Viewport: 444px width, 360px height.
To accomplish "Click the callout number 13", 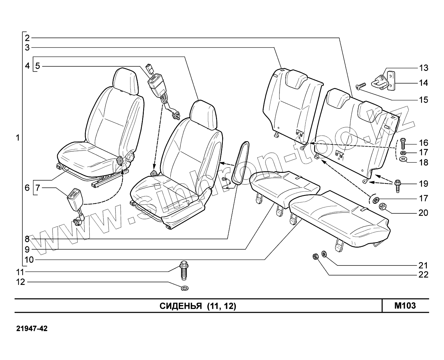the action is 423,68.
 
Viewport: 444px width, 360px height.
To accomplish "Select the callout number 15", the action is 423,100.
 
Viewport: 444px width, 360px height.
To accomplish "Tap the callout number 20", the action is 423,213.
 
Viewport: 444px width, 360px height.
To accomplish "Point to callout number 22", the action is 423,275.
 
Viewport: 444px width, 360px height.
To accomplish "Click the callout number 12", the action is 20,282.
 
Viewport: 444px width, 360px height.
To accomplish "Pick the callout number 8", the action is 27,239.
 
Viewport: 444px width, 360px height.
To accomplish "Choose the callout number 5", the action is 38,66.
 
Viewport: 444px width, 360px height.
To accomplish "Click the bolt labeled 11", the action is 183,270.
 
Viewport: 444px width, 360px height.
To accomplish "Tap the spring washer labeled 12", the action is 185,288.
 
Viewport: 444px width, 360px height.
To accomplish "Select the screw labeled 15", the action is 361,86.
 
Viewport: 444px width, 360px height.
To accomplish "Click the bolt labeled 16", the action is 403,143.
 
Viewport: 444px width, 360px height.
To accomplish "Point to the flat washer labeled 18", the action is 402,160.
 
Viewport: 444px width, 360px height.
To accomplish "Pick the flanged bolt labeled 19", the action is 397,186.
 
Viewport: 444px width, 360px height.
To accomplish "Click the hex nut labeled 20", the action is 382,206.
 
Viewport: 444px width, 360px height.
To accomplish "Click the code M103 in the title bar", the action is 405,306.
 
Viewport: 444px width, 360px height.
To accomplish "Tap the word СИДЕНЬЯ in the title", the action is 181,306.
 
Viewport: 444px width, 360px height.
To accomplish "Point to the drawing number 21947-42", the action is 32,329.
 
